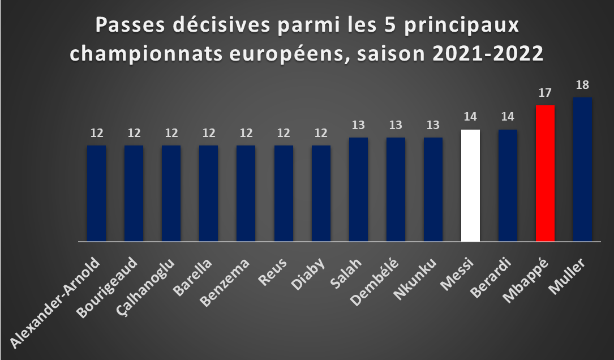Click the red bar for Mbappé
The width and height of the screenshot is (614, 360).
pos(545,173)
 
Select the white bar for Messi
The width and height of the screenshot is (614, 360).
pos(470,185)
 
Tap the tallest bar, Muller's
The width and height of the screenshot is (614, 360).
pos(582,169)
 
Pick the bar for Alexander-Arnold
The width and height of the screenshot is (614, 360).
pos(96,193)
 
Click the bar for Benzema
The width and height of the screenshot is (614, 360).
pos(246,193)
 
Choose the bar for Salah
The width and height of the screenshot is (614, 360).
pos(358,189)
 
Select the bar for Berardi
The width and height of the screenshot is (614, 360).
pos(508,185)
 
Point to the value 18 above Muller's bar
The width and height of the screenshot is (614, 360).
pos(582,85)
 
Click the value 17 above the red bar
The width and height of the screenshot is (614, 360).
pos(545,93)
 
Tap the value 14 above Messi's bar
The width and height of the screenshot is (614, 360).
pos(470,117)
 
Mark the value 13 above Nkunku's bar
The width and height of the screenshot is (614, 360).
pos(433,125)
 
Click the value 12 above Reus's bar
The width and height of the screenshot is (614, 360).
pos(284,133)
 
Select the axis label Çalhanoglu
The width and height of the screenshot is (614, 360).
pos(145,286)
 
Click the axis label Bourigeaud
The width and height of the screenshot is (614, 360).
pos(106,288)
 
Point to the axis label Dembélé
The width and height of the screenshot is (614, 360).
pos(375,282)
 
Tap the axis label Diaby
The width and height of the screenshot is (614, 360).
pos(308,274)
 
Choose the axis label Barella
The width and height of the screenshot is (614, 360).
pos(192,277)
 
